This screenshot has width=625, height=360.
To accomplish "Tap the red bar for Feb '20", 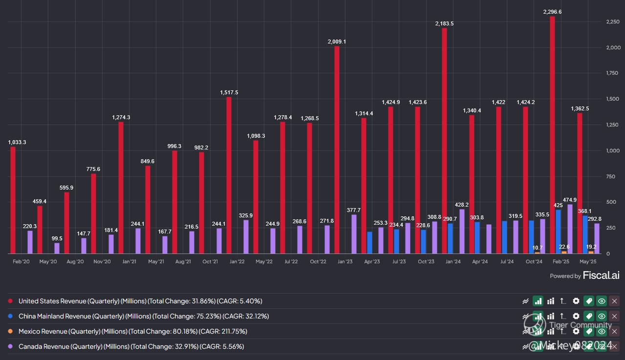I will [x=13, y=200].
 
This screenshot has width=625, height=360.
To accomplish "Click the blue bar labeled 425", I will [x=558, y=232].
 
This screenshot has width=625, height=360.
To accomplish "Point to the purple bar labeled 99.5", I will [x=57, y=248].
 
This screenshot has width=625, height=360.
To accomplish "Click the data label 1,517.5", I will [x=229, y=92].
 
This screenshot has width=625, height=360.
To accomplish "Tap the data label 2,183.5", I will [x=444, y=23].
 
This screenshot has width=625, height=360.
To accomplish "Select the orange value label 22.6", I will [x=563, y=247].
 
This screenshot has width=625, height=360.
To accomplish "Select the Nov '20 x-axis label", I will [x=102, y=262].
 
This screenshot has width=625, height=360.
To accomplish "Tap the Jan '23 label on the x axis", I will [x=345, y=262].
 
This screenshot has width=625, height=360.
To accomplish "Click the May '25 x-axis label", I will [x=587, y=262].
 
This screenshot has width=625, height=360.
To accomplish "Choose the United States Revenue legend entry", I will [x=140, y=301].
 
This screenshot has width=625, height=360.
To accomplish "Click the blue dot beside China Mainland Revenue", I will [x=10, y=317].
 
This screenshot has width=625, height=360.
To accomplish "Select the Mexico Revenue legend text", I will [x=132, y=331].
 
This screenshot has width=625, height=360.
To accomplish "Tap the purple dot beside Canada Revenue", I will [x=10, y=346].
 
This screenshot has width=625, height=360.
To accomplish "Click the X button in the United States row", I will [x=615, y=301].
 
